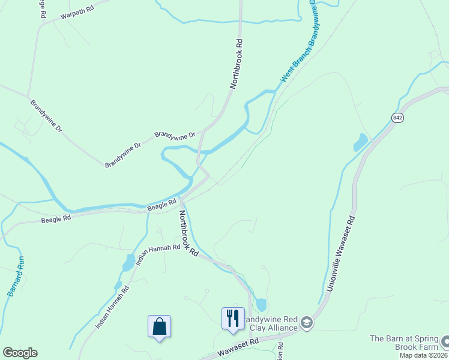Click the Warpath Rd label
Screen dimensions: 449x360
79,13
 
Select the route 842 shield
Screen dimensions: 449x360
397,118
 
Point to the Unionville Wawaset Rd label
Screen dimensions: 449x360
342,254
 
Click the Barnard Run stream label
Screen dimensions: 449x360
16,276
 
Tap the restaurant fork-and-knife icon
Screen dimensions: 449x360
233,317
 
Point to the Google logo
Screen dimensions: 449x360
20,353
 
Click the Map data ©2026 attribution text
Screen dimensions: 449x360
423,355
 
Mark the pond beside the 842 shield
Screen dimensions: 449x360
361,142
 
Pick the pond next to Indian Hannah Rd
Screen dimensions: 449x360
128,262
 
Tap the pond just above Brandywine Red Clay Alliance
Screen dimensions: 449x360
261,304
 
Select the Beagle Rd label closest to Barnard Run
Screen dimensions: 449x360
56,218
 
